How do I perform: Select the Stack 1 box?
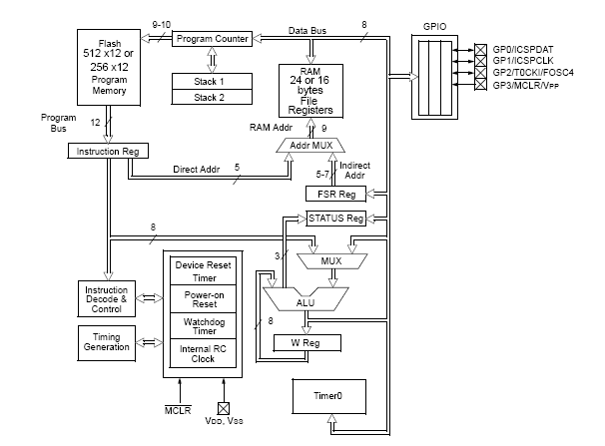point(210,80)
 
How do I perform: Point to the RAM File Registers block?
point(312,90)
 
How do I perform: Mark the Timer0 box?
point(326,396)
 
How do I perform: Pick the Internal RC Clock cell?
point(203,354)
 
